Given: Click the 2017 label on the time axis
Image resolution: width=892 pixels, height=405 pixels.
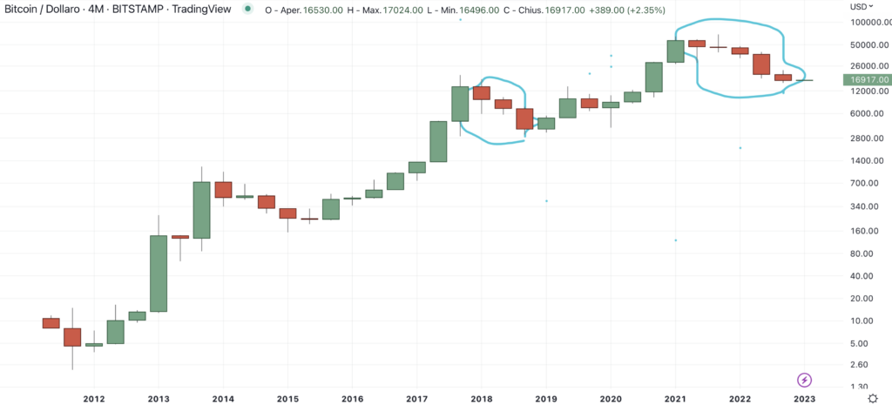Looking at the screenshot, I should [x=416, y=400].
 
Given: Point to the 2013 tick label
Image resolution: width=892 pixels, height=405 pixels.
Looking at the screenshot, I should [x=158, y=400].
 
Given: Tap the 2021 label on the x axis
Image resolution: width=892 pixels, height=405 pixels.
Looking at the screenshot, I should [x=675, y=400].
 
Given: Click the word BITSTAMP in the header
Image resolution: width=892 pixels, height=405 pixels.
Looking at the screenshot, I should [x=129, y=9].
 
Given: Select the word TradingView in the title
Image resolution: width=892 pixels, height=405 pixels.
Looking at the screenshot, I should [x=193, y=9].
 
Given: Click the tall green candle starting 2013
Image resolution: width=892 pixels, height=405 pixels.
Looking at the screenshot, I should [x=158, y=273].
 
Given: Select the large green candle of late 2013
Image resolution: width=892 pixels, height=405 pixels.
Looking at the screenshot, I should [x=201, y=210].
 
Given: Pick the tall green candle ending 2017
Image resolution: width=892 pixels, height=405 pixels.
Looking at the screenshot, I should [x=460, y=104].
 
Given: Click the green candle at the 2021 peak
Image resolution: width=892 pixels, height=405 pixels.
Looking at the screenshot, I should [x=675, y=51].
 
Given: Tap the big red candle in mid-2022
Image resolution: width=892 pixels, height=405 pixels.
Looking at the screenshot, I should [x=761, y=64].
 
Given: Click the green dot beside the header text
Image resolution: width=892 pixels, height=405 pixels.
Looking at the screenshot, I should [x=249, y=9].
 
